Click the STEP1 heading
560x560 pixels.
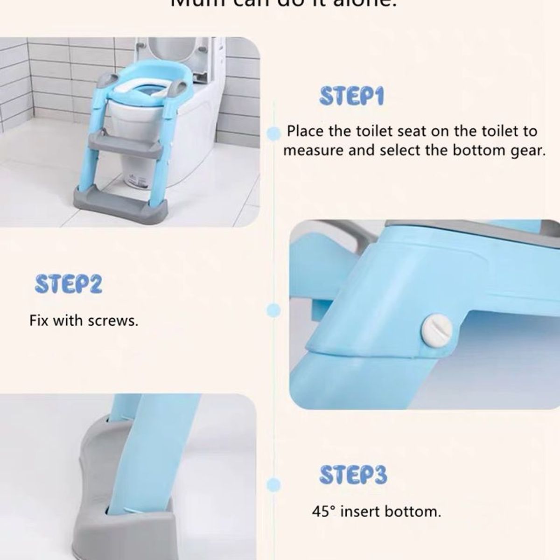coord(351,96)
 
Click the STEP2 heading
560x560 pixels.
coord(69,284)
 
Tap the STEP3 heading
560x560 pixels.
coord(353,475)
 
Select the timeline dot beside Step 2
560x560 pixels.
coord(274,309)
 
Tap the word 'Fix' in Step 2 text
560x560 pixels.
coord(39,321)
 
